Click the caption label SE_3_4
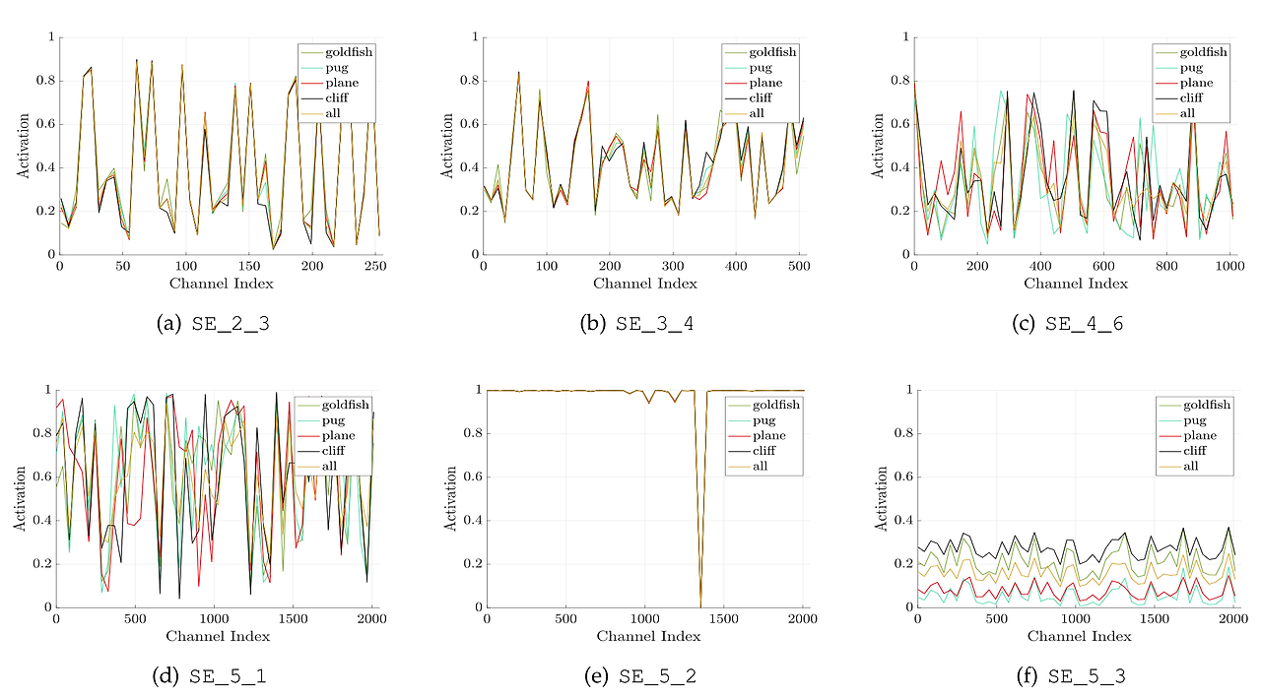pyautogui.click(x=656, y=324)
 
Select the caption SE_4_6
pyautogui.click(x=1085, y=324)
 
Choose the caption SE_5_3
pyautogui.click(x=1087, y=676)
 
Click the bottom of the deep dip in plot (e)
pyautogui.click(x=700, y=603)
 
